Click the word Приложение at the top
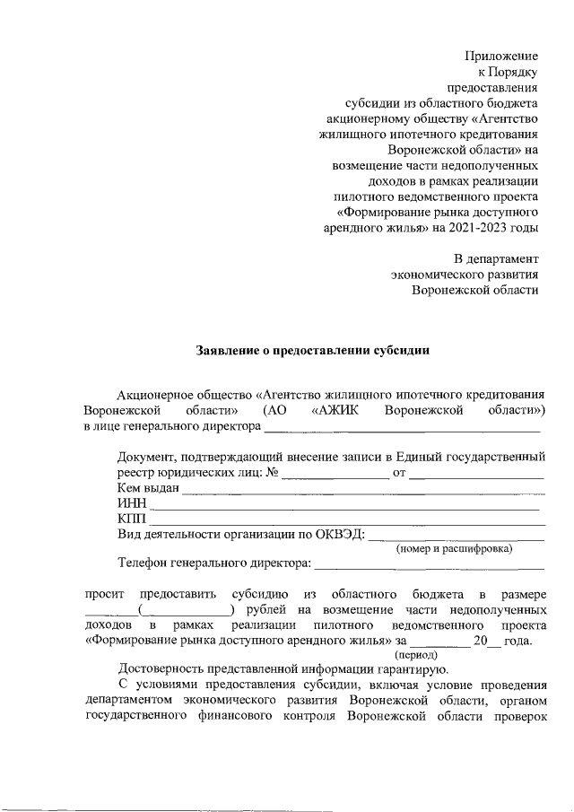[x=501, y=56]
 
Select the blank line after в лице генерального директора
[x=401, y=432]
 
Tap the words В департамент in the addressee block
[x=497, y=258]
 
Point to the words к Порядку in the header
[x=508, y=72]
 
